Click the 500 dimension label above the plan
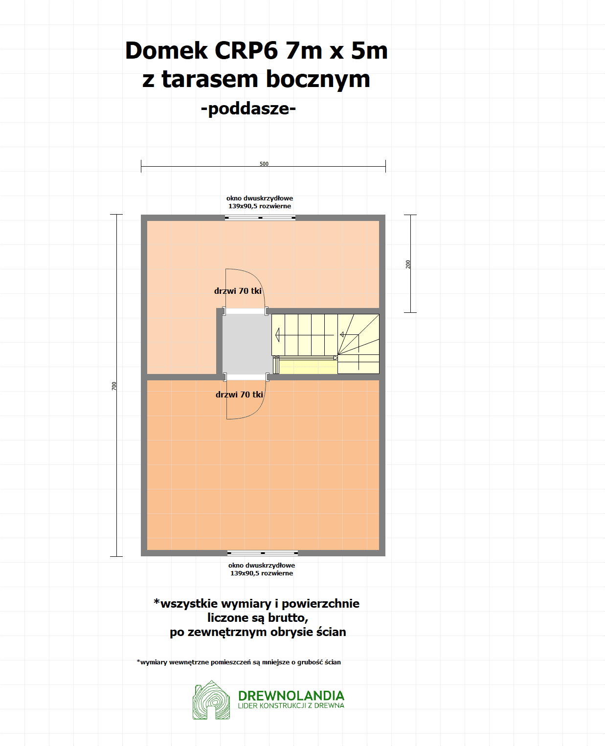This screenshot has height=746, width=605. click(x=264, y=164)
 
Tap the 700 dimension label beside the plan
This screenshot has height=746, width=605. click(x=114, y=386)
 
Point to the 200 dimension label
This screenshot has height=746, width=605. click(x=408, y=264)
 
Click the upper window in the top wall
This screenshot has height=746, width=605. click(x=260, y=218)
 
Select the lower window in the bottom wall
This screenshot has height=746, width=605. click(x=262, y=553)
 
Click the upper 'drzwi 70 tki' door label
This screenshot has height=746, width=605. click(x=238, y=291)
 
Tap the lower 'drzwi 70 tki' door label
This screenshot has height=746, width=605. click(x=239, y=395)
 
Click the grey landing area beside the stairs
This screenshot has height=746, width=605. click(x=247, y=344)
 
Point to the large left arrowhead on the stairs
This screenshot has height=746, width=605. click(x=277, y=335)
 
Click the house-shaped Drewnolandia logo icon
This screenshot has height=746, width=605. click(x=211, y=700)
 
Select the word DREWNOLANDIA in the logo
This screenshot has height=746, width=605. click(x=291, y=696)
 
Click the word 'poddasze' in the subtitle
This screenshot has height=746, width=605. click(x=248, y=109)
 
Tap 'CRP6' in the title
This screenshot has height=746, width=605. click(x=246, y=50)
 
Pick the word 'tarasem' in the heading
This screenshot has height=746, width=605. click(x=209, y=79)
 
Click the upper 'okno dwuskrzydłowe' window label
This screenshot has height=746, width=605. click(x=260, y=198)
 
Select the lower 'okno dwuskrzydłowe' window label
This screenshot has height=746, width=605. click(x=262, y=565)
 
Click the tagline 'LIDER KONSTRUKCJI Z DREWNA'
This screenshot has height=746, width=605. click(x=291, y=706)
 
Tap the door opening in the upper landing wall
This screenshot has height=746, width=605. click(x=246, y=311)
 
